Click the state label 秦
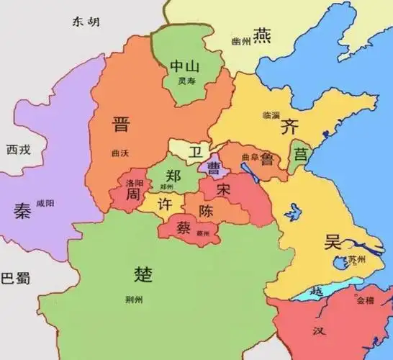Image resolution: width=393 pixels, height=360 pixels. pyautogui.click(x=22, y=210)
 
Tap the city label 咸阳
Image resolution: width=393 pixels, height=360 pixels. pyautogui.click(x=45, y=204)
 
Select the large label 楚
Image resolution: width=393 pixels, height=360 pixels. pyautogui.click(x=144, y=274)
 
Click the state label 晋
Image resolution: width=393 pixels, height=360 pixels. pyautogui.click(x=120, y=124)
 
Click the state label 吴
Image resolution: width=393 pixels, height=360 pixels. pyautogui.click(x=332, y=242)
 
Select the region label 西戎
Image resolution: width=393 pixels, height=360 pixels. pyautogui.click(x=18, y=150)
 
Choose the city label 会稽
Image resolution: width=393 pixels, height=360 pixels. pyautogui.click(x=365, y=300)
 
